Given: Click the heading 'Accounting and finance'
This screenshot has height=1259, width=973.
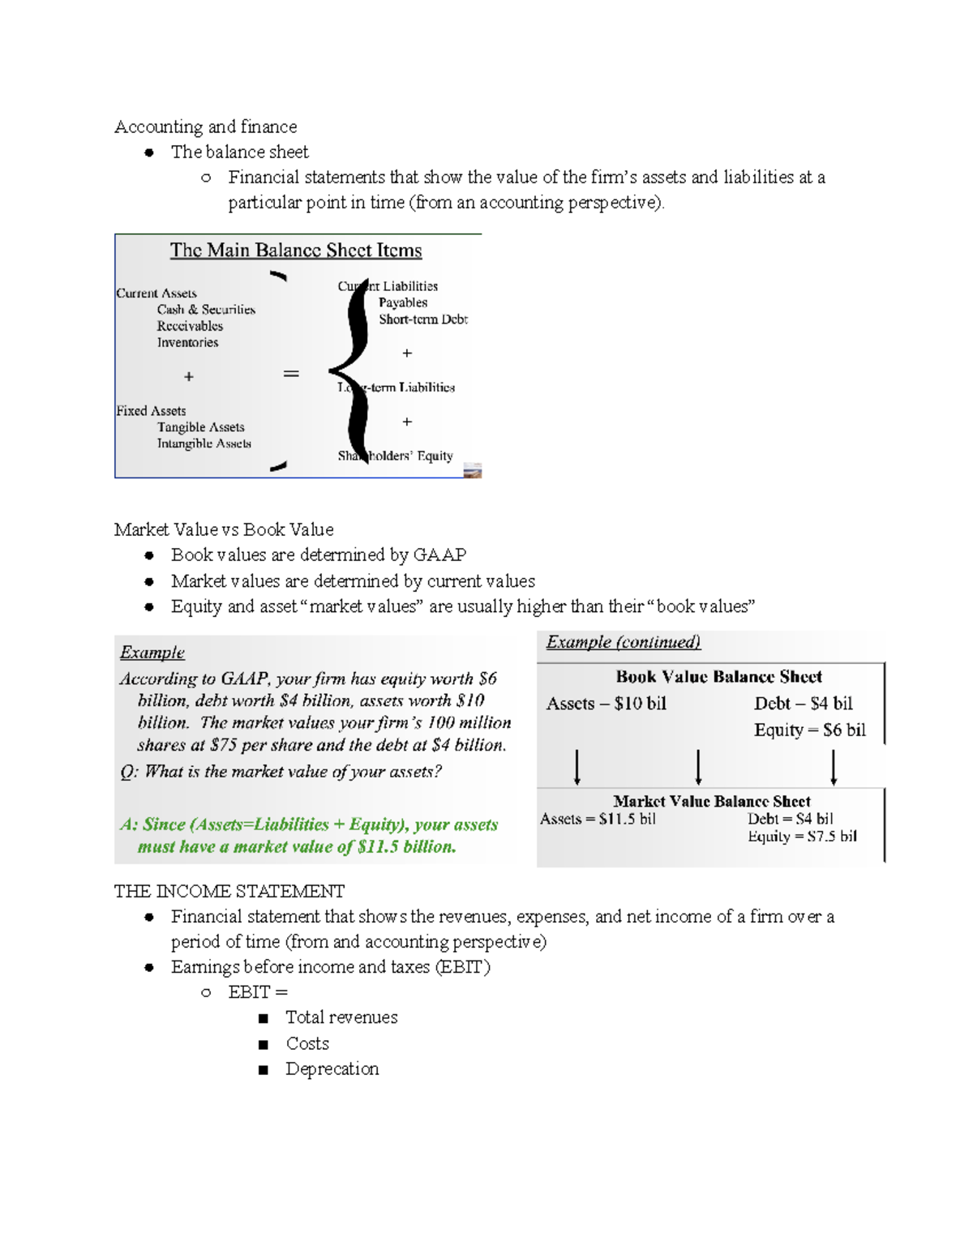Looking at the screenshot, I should pos(205,126).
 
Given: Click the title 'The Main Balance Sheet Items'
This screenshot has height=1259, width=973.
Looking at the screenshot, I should pos(295,251).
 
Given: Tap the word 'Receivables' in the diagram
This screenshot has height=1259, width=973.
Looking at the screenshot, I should pos(190,326).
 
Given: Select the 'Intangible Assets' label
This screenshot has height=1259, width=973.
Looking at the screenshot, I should pos(204,443).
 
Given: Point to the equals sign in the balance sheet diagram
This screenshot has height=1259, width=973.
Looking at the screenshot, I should pos(291,374).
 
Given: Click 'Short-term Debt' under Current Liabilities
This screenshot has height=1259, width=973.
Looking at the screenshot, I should pos(422,319).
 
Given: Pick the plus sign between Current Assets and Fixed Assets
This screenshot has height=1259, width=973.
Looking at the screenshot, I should pos(188,377).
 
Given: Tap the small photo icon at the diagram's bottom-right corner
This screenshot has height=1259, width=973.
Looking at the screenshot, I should pos(473,470).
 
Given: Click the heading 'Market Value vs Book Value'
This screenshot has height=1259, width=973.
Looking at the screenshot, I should pos(224,529).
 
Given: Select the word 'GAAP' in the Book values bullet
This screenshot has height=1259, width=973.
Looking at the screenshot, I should pos(439,555).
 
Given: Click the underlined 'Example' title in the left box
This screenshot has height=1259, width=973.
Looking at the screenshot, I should pos(152,653).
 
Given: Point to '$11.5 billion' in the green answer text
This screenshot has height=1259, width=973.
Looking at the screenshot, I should pos(405,847).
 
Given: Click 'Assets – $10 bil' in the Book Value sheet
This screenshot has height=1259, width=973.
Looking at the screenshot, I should pos(606,704).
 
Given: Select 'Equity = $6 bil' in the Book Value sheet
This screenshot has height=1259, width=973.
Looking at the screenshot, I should pos(809,730).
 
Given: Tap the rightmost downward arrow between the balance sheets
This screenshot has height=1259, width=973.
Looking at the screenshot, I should pos(834,767).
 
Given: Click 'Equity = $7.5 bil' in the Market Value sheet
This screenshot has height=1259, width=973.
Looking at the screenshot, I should pos(802,837).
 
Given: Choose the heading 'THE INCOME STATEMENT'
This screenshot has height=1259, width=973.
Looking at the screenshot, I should pos(229,892).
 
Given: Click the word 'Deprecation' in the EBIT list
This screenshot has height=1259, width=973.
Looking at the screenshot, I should pos(332,1069).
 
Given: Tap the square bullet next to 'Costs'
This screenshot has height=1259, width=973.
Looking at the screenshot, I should pos(263,1045).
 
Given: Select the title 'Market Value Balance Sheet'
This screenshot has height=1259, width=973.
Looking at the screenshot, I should pos(711,801).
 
